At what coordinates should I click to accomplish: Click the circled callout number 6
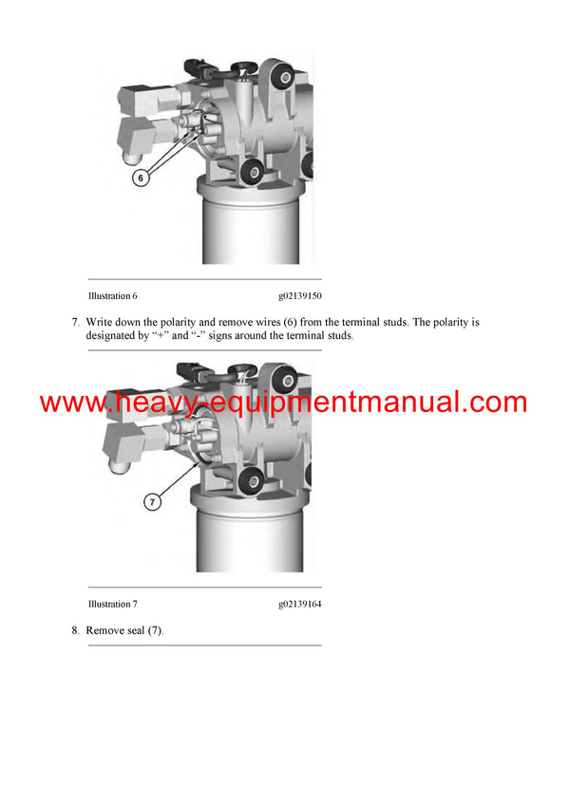point(141,178)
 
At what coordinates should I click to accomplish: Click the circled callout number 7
point(151,502)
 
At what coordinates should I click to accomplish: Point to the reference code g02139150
point(300,296)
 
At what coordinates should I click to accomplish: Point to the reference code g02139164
point(300,604)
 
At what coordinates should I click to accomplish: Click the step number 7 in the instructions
point(76,322)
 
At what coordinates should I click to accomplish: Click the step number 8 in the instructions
point(76,630)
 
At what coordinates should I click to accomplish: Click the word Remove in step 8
point(106,630)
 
